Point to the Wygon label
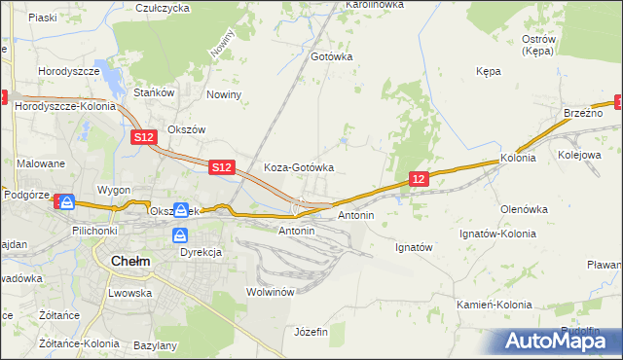113,190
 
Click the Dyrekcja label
201,252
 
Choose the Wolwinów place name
271,292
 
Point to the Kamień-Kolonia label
495,305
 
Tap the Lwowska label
128,292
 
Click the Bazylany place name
155,345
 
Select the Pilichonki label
95,231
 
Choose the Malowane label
41,163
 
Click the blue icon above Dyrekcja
181,235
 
